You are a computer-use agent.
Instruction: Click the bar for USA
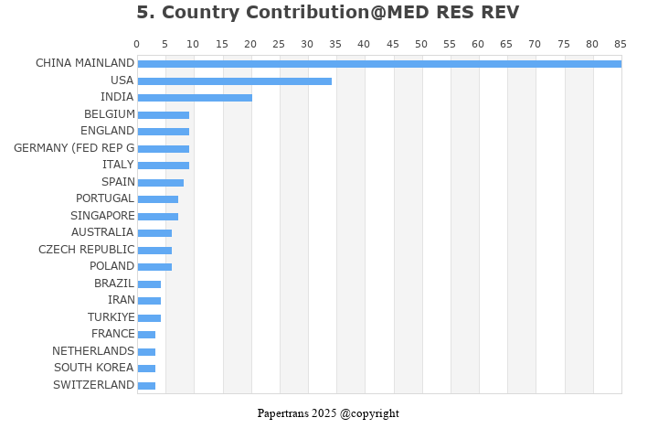[x=235, y=81]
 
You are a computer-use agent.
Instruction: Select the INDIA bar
[x=195, y=98]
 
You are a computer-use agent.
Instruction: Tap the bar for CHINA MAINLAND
[x=380, y=64]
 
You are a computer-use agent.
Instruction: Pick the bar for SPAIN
[x=161, y=183]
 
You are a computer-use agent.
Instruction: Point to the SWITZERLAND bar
[x=146, y=386]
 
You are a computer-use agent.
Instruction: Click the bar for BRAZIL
[x=149, y=284]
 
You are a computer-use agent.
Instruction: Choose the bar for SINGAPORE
[x=158, y=217]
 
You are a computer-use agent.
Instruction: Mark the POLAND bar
[x=154, y=267]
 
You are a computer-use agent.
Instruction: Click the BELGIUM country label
[x=110, y=114]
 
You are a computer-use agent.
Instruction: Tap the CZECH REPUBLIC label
[x=87, y=250]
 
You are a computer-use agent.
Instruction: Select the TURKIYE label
[x=111, y=317]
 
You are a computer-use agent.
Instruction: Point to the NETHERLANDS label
[x=93, y=351]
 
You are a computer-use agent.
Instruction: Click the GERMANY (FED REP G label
[x=74, y=148]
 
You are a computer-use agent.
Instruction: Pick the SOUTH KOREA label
[x=94, y=368]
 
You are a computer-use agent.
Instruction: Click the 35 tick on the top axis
[x=335, y=44]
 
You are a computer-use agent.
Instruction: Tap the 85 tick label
[x=621, y=44]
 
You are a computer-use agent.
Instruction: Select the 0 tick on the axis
[x=137, y=44]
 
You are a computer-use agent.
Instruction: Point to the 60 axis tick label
[x=478, y=44]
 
